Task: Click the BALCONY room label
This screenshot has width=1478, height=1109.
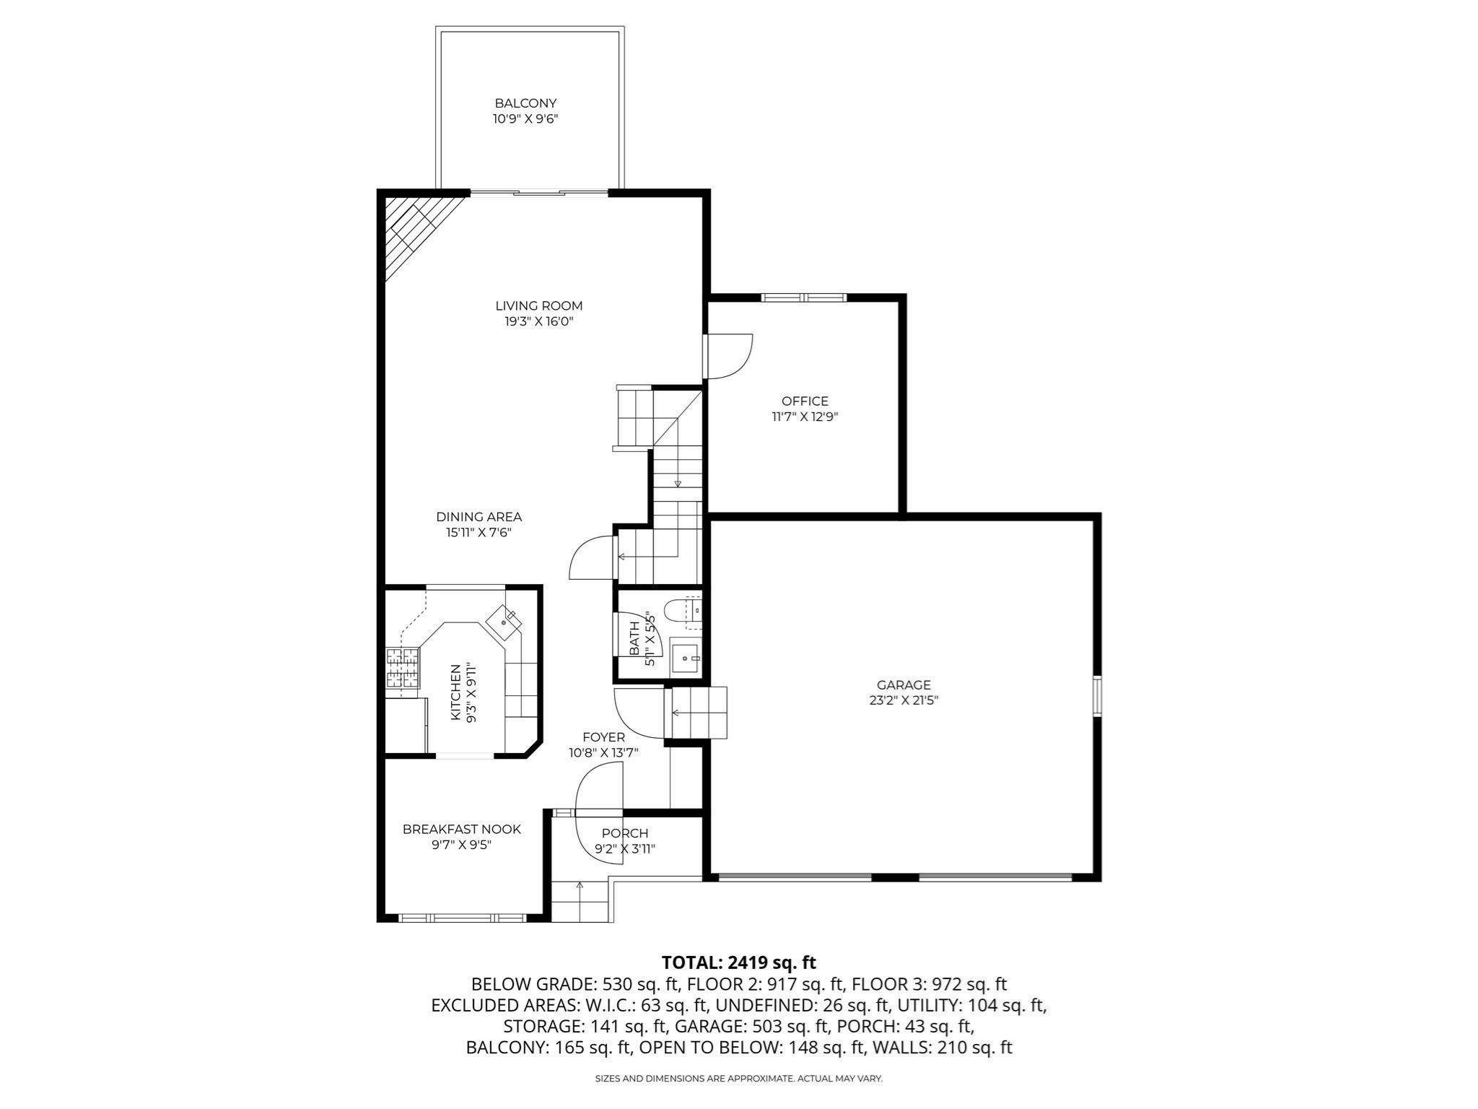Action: [x=525, y=103]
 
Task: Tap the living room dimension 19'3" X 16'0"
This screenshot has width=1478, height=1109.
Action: [x=538, y=321]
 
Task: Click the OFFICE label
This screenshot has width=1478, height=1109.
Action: [x=805, y=401]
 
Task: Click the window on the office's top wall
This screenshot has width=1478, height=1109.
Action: [x=803, y=297]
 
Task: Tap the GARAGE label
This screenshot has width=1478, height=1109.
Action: [x=904, y=684]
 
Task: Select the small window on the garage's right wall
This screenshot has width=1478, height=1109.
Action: [x=1097, y=695]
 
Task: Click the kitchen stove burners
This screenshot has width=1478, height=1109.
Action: [x=403, y=667]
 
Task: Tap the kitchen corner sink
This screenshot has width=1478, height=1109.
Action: [x=504, y=620]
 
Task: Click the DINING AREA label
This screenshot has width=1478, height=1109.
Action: [x=478, y=516]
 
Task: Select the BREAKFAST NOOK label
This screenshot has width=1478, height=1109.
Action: [x=461, y=829]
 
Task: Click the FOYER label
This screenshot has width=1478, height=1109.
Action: [x=603, y=736]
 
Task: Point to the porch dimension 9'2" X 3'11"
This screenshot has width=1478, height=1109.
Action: [x=625, y=849]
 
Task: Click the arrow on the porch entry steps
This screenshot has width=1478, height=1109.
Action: [x=580, y=887]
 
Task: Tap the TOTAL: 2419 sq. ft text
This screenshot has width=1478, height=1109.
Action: [x=738, y=962]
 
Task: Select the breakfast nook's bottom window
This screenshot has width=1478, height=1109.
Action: [x=463, y=918]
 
